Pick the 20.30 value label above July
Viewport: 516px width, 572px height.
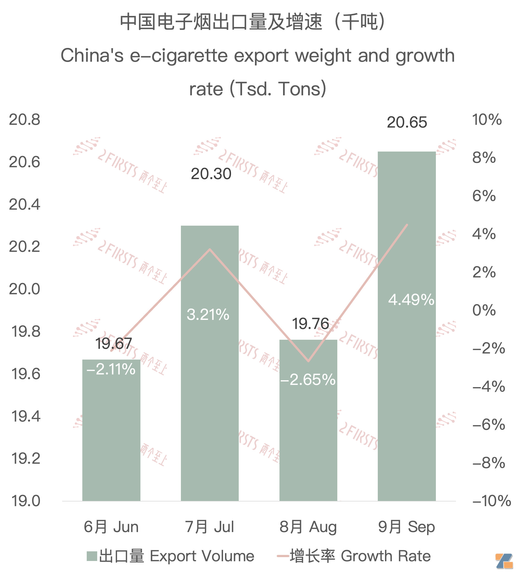pyautogui.click(x=211, y=174)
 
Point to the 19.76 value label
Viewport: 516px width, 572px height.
pyautogui.click(x=310, y=324)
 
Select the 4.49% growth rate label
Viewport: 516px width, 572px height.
pyautogui.click(x=411, y=300)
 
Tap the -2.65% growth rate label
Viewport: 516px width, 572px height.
pyautogui.click(x=308, y=380)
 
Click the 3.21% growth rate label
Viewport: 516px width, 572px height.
pyautogui.click(x=208, y=315)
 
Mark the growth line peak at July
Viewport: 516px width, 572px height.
pyautogui.click(x=210, y=249)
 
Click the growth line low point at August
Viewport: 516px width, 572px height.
pyautogui.click(x=308, y=361)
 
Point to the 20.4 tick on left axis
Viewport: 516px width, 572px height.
pyautogui.click(x=25, y=204)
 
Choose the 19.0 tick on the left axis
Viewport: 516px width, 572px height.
pyautogui.click(x=26, y=501)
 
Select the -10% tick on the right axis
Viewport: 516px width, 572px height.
pyautogui.click(x=491, y=501)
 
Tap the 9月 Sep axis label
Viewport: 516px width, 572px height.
pyautogui.click(x=406, y=527)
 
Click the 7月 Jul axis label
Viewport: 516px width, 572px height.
pyautogui.click(x=210, y=527)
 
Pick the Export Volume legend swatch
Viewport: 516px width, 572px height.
pyautogui.click(x=92, y=556)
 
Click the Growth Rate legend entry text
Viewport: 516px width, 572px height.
pyautogui.click(x=385, y=556)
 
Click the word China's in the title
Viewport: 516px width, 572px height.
pyautogui.click(x=92, y=55)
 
